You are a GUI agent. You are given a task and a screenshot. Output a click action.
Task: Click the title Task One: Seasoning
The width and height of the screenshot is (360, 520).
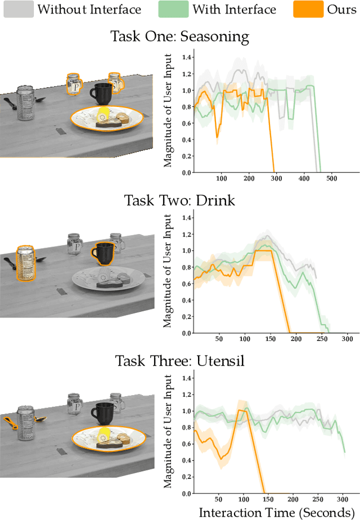(180, 37)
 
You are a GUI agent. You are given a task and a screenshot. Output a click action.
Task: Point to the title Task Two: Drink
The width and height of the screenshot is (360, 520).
(179, 201)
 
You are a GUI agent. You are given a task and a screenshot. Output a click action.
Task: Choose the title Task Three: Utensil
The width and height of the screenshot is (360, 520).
(179, 361)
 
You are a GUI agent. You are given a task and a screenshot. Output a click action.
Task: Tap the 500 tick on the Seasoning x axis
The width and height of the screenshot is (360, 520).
(331, 178)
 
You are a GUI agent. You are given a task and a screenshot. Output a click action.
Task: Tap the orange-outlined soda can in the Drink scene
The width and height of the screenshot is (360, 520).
(25, 262)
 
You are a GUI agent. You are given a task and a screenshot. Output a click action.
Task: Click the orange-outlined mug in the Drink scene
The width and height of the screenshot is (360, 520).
(103, 253)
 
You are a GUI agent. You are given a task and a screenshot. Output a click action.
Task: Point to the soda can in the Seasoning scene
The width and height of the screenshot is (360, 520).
(25, 102)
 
